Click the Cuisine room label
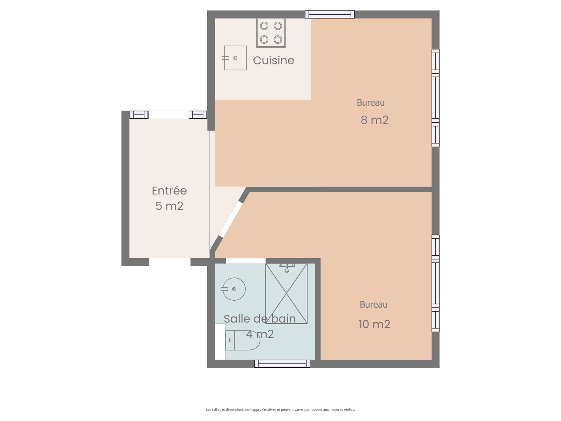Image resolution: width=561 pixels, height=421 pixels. (273, 61)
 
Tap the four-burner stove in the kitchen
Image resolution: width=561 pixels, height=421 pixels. (271, 33)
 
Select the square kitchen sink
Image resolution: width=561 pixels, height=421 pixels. (235, 58)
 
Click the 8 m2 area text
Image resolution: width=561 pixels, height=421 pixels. (374, 120)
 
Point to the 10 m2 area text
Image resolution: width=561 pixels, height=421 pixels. (374, 325)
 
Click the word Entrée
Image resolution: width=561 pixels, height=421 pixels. (169, 191)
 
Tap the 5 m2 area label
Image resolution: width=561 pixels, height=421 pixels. (169, 206)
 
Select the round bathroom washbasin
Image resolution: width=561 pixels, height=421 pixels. (234, 289)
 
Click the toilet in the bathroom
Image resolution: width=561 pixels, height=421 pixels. (243, 340)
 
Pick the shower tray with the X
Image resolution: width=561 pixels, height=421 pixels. (286, 293)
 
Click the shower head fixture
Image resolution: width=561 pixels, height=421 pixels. (286, 268)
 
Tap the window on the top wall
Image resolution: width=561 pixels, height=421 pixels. (330, 14)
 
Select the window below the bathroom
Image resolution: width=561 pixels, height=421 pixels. (282, 363)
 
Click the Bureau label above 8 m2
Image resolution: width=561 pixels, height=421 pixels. (371, 102)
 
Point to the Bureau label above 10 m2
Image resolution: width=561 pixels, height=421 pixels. (373, 305)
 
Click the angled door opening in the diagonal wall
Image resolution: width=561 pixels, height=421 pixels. (231, 219)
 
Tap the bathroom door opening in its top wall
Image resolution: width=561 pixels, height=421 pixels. (246, 261)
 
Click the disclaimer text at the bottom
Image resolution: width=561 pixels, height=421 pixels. (280, 409)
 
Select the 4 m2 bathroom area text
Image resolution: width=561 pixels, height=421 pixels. (260, 334)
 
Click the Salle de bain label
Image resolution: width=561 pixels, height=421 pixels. (260, 319)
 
